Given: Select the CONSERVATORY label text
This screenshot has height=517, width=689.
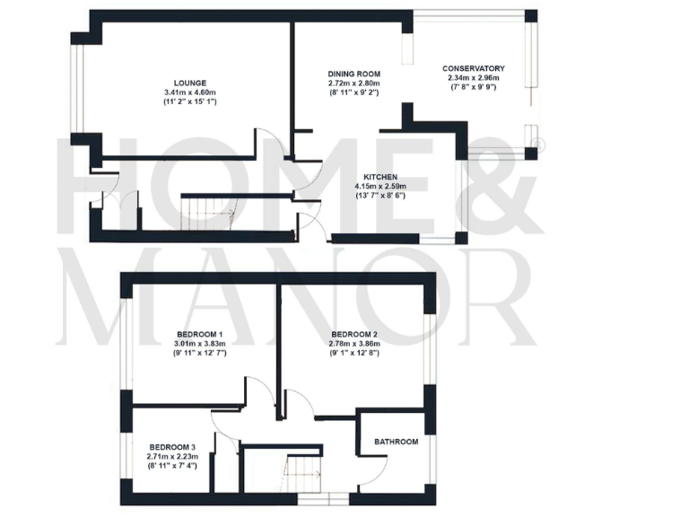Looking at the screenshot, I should tap(474, 68).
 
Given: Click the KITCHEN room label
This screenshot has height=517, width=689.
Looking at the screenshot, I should tap(380, 178).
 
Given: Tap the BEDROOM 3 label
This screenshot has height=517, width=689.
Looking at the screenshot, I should tap(172, 447).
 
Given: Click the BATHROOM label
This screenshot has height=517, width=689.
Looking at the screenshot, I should tap(397, 442).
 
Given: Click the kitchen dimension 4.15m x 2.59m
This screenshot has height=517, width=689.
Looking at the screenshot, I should tap(380, 187).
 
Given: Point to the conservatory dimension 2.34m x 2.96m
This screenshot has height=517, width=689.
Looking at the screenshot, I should tap(474, 78).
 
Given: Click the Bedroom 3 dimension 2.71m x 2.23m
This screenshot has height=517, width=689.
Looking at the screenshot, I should tap(172, 456).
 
